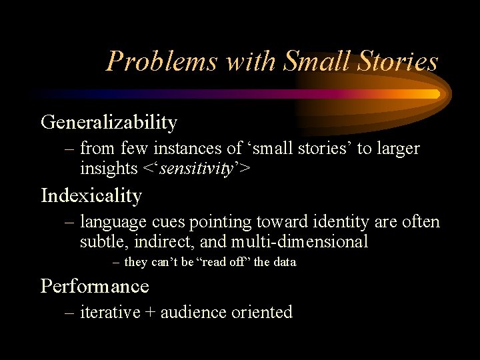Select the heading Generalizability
(x=109, y=123)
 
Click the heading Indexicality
(x=91, y=196)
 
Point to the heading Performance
(x=95, y=286)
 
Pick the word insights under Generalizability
(x=108, y=169)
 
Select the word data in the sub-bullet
(x=284, y=263)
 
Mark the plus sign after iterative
(x=149, y=313)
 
